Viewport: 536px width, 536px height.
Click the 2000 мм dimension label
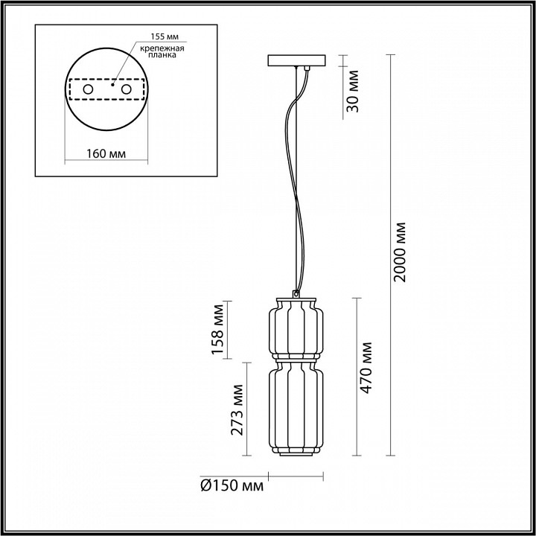[401, 251]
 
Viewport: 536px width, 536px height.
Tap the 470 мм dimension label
[367, 378]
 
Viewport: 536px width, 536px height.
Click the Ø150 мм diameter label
[232, 486]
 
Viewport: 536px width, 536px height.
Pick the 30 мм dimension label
[354, 89]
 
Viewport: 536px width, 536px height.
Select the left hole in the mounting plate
[88, 89]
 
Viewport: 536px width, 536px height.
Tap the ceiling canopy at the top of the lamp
[296, 60]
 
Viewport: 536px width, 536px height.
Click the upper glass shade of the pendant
[296, 328]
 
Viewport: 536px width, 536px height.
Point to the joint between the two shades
[296, 359]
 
